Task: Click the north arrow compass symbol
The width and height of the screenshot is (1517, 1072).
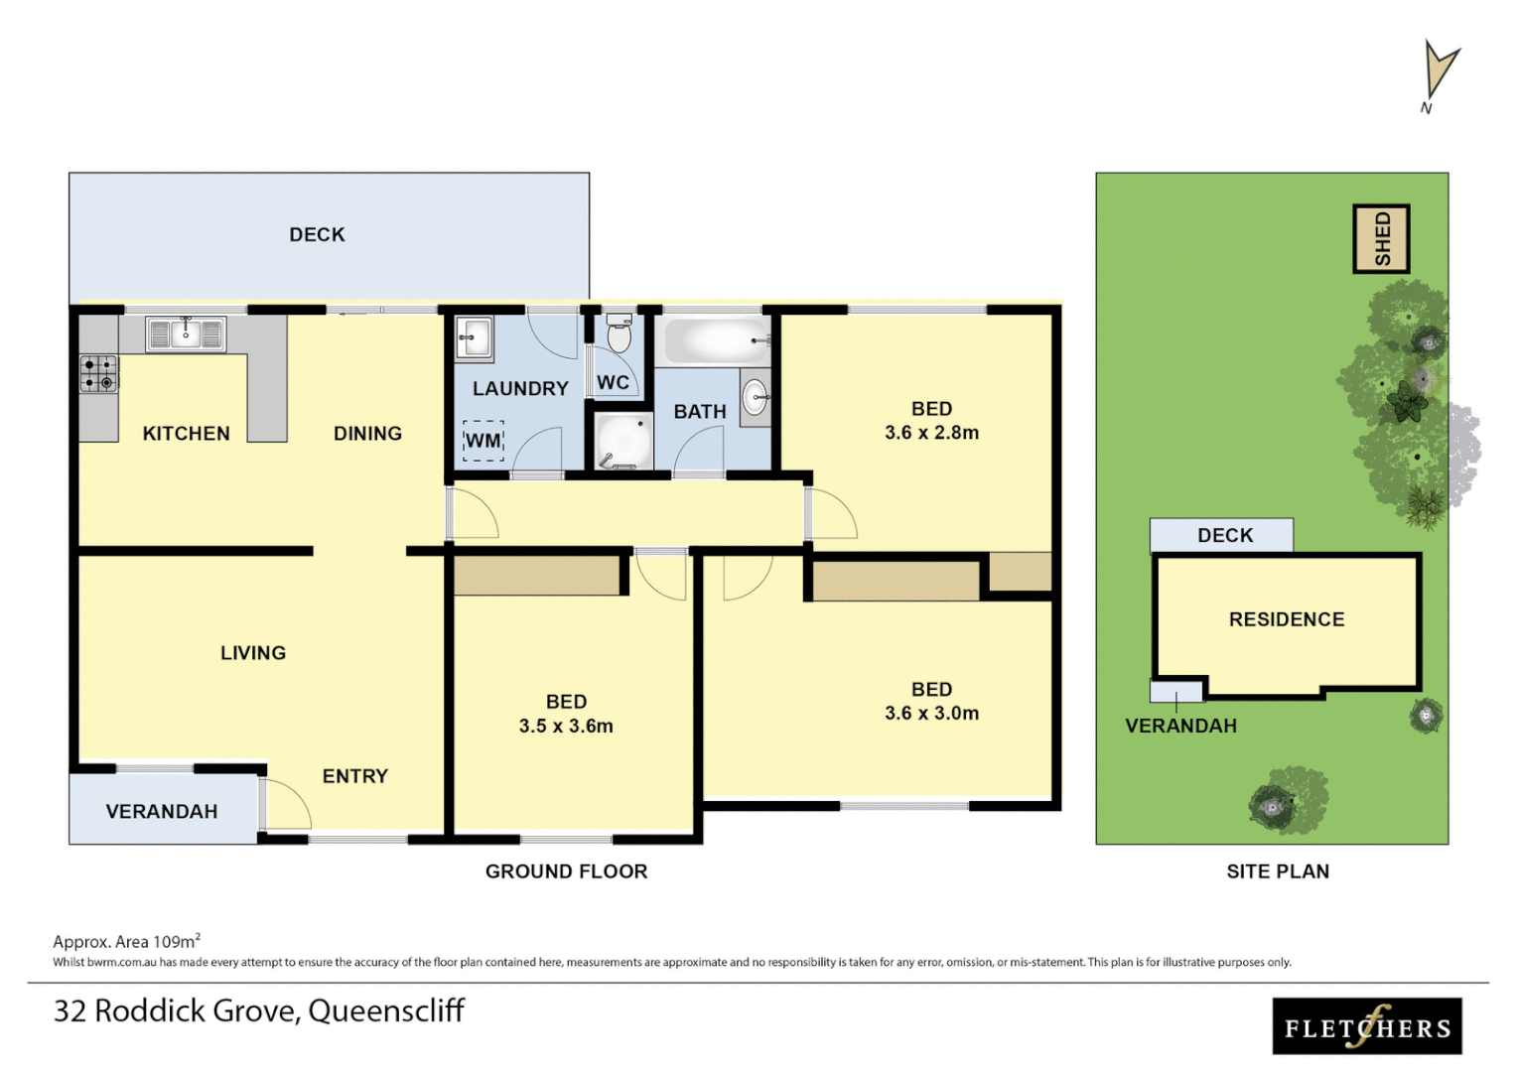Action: (x=1439, y=74)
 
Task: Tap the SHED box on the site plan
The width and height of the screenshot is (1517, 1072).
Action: (x=1381, y=238)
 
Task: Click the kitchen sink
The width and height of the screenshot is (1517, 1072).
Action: (x=186, y=335)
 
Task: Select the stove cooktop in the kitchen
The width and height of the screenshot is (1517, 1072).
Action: (x=98, y=374)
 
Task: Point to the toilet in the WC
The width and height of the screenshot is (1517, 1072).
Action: (x=619, y=335)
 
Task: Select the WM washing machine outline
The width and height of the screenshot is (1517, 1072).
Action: (x=483, y=441)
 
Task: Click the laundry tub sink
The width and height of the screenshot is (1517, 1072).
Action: (x=475, y=337)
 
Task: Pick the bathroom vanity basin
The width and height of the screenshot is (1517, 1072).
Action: (x=756, y=397)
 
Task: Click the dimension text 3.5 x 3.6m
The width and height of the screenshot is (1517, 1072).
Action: (x=566, y=727)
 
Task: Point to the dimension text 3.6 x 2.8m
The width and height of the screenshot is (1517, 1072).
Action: (x=931, y=433)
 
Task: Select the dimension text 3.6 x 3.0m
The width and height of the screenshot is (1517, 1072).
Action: (x=931, y=714)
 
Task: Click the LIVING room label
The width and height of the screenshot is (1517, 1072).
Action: (x=253, y=653)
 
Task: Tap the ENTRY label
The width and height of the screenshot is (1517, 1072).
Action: (x=354, y=776)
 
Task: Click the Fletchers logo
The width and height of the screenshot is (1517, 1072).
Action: (x=1367, y=1026)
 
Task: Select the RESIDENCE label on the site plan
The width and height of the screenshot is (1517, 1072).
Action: (x=1287, y=619)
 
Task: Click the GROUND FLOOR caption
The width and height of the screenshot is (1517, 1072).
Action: (x=566, y=871)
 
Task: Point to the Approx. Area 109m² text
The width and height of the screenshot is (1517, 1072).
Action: (x=126, y=941)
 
